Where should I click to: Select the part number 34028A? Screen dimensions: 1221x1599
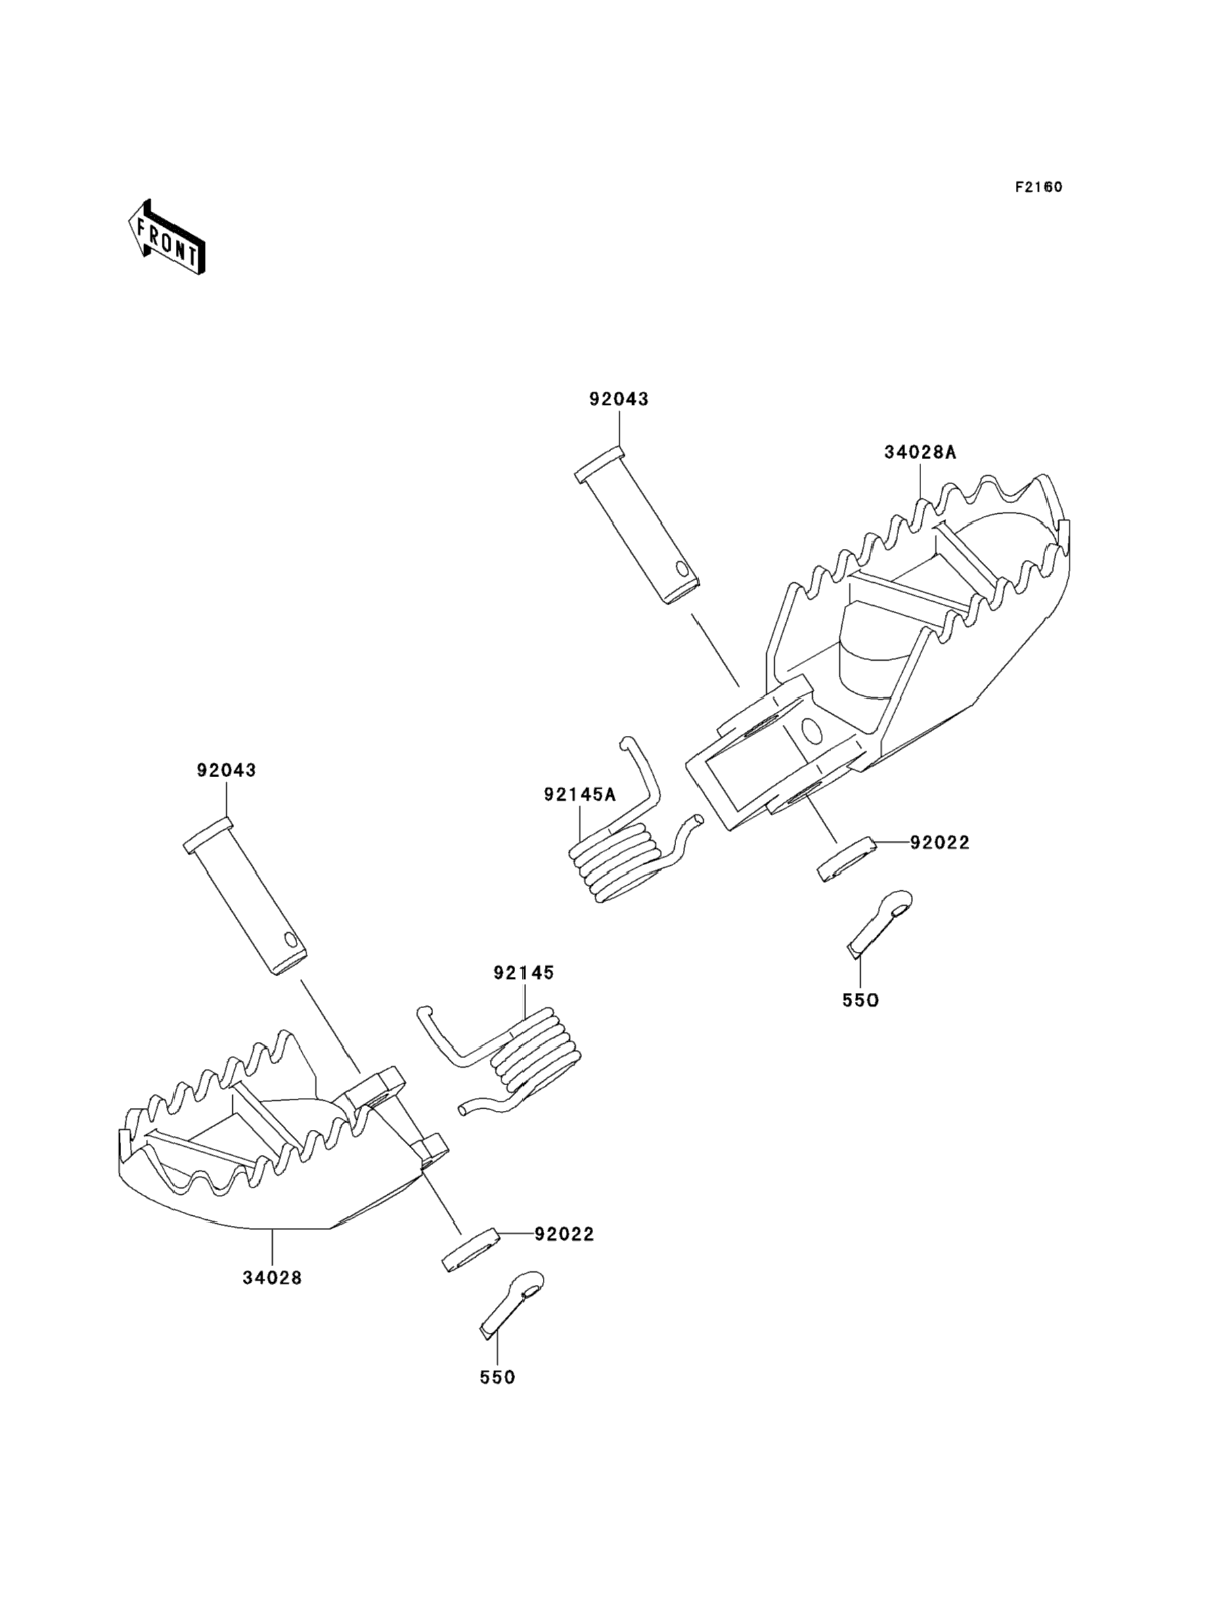(x=920, y=452)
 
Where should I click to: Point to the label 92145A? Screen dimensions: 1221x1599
(x=579, y=794)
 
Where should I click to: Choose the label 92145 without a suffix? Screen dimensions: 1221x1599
(x=523, y=973)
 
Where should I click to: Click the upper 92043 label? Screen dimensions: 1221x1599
(x=619, y=399)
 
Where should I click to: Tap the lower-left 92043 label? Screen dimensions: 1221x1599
(x=226, y=770)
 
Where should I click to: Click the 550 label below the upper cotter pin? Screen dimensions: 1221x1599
(x=860, y=1001)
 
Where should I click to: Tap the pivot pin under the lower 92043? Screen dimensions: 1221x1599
(x=244, y=896)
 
